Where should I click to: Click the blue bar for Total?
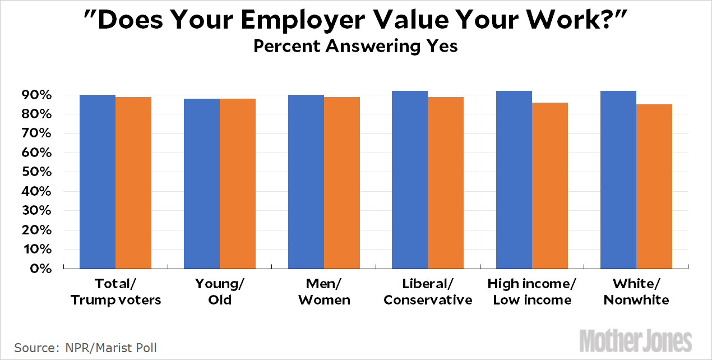click(x=98, y=182)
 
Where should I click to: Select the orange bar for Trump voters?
click(x=133, y=183)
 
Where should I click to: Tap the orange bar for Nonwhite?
click(x=654, y=186)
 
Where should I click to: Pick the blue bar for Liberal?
click(x=410, y=179)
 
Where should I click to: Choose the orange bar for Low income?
click(x=550, y=186)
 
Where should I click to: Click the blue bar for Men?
click(x=306, y=182)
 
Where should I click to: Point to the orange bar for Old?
click(x=237, y=183)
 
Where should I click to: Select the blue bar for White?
click(x=618, y=179)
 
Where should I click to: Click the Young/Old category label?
click(x=220, y=292)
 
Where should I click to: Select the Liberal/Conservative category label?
click(x=428, y=292)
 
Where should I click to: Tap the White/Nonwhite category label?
click(x=636, y=292)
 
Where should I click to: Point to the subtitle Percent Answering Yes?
click(x=355, y=45)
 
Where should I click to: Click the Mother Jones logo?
click(x=636, y=340)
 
